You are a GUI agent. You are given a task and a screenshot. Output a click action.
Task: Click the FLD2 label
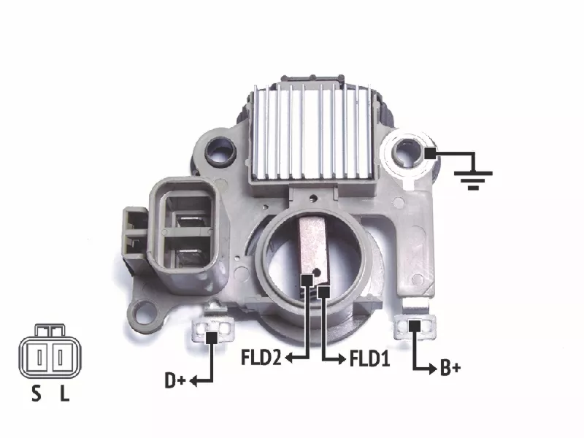tap(261, 358)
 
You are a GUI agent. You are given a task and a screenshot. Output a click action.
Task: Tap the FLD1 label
tap(369, 358)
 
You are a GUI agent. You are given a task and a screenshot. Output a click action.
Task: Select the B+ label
tap(450, 368)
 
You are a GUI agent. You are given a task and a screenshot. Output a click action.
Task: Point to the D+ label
tap(175, 380)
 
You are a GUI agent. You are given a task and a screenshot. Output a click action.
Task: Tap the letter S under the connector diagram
tap(36, 393)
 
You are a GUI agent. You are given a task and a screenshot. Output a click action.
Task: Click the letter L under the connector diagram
tap(65, 393)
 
